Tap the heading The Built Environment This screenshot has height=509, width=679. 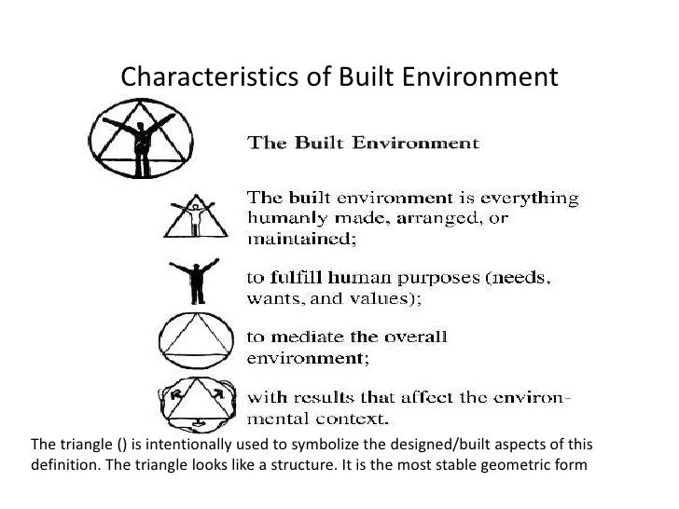click(x=362, y=144)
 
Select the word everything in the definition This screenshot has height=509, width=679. click(x=531, y=199)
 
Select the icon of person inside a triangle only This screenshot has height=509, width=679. click(x=194, y=215)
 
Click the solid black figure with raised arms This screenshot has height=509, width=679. click(x=196, y=280)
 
